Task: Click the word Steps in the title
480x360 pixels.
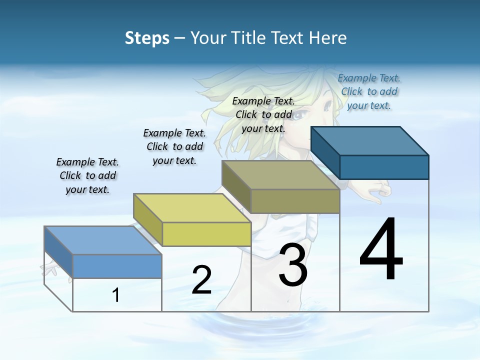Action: tap(147, 38)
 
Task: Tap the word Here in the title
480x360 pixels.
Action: tap(327, 38)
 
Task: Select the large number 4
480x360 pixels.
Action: tap(381, 250)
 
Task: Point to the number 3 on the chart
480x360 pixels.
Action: tap(293, 265)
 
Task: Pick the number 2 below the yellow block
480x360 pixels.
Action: tap(201, 280)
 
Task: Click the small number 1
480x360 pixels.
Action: tap(115, 295)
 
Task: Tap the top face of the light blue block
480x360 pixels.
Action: tap(102, 240)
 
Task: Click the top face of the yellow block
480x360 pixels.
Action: tap(191, 208)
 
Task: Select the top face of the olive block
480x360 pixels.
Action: tap(280, 175)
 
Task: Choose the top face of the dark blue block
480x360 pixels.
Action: tap(369, 141)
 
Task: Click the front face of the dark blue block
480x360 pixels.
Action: tap(384, 167)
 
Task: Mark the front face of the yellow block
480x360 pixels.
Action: tap(206, 234)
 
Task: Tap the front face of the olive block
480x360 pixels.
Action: tap(295, 201)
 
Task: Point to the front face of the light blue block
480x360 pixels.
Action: tap(117, 266)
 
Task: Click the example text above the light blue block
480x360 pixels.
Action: tap(87, 175)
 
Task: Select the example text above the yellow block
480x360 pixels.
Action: tap(174, 146)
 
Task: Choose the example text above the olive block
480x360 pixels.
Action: tap(263, 114)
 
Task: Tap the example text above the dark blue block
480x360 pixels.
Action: tap(369, 91)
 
